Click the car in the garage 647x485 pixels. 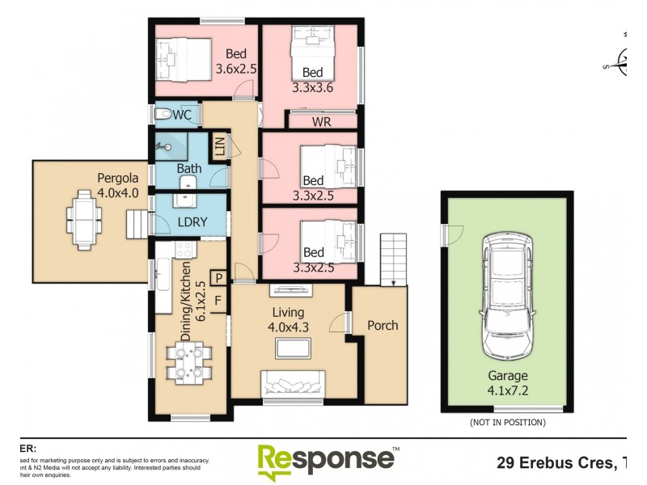[507, 297]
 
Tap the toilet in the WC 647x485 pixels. [163, 114]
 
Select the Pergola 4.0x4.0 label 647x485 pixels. [118, 185]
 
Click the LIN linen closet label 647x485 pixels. [218, 147]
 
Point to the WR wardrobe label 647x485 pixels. [322, 120]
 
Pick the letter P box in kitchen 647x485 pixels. [218, 279]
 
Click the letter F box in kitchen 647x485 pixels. [218, 300]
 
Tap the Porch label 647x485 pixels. [383, 325]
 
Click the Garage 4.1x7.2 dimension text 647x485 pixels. [507, 382]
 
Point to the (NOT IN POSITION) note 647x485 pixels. [507, 422]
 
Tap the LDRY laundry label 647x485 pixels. [192, 221]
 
